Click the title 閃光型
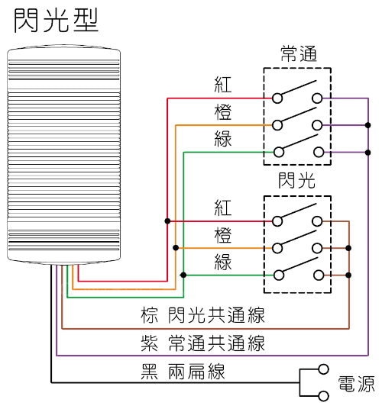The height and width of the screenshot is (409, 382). click(x=56, y=21)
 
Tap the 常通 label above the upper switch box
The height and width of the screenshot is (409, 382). click(x=297, y=54)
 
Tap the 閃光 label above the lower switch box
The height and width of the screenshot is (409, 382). click(x=297, y=182)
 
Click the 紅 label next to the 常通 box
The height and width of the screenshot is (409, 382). click(x=223, y=84)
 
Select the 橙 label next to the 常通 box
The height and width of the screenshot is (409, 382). click(x=223, y=111)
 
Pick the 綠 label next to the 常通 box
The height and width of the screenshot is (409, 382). click(x=223, y=139)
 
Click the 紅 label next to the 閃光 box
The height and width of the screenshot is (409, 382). click(x=223, y=208)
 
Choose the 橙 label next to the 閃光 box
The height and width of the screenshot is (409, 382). click(x=223, y=233)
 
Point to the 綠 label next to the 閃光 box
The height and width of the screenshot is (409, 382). click(x=223, y=260)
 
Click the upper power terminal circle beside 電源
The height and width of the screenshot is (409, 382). click(x=323, y=368)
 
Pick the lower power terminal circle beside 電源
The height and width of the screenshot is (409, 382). click(x=323, y=395)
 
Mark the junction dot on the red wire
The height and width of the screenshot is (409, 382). click(x=167, y=221)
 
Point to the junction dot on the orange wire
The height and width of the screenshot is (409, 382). click(x=176, y=248)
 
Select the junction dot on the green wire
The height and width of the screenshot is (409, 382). click(x=183, y=275)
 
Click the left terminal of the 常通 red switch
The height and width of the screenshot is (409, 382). click(x=278, y=98)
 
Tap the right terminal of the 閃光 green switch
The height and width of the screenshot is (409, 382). click(x=316, y=275)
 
